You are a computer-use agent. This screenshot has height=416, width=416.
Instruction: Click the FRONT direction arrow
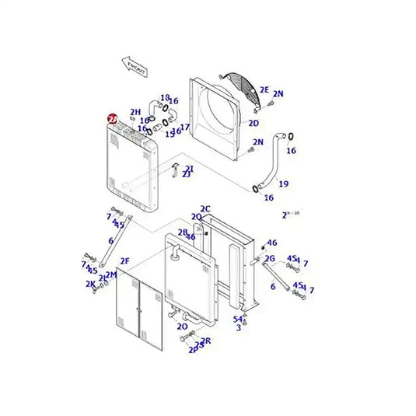point(135,68)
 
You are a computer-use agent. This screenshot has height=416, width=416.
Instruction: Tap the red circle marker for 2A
point(113,119)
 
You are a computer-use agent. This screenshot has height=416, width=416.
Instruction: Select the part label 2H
point(135,112)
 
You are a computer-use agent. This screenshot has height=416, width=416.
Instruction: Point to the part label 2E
point(264,89)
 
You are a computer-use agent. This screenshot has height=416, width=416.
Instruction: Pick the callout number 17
point(185,127)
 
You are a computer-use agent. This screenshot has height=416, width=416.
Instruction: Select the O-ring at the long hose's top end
point(290,138)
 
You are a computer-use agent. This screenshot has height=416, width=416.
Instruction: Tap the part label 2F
point(124,261)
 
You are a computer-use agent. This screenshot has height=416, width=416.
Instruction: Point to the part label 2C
point(205,208)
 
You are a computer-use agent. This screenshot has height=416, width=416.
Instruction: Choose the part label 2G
point(270,258)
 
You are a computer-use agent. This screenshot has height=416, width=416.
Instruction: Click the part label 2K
point(90,284)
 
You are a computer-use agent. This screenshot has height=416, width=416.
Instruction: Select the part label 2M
point(110,274)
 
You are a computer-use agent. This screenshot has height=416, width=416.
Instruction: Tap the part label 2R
point(206,341)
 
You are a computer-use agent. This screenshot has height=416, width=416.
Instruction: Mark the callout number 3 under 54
point(239,328)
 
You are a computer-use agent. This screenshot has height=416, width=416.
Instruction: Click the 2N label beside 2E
point(278,94)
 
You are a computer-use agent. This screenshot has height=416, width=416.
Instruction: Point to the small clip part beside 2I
point(176,168)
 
